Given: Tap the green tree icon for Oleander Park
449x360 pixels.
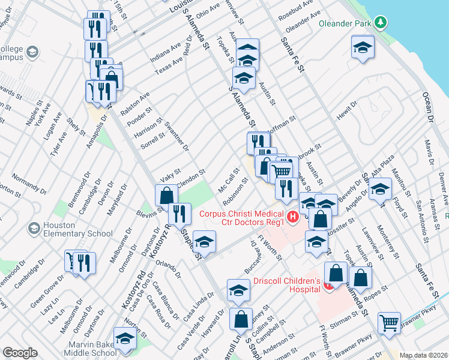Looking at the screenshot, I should (379, 23).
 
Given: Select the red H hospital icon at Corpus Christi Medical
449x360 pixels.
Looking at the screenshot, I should (293, 217).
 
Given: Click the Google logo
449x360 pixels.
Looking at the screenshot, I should (20, 353).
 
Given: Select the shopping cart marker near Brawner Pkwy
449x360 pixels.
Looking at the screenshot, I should (390, 322).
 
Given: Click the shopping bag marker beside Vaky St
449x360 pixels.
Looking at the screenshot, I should (166, 194).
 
